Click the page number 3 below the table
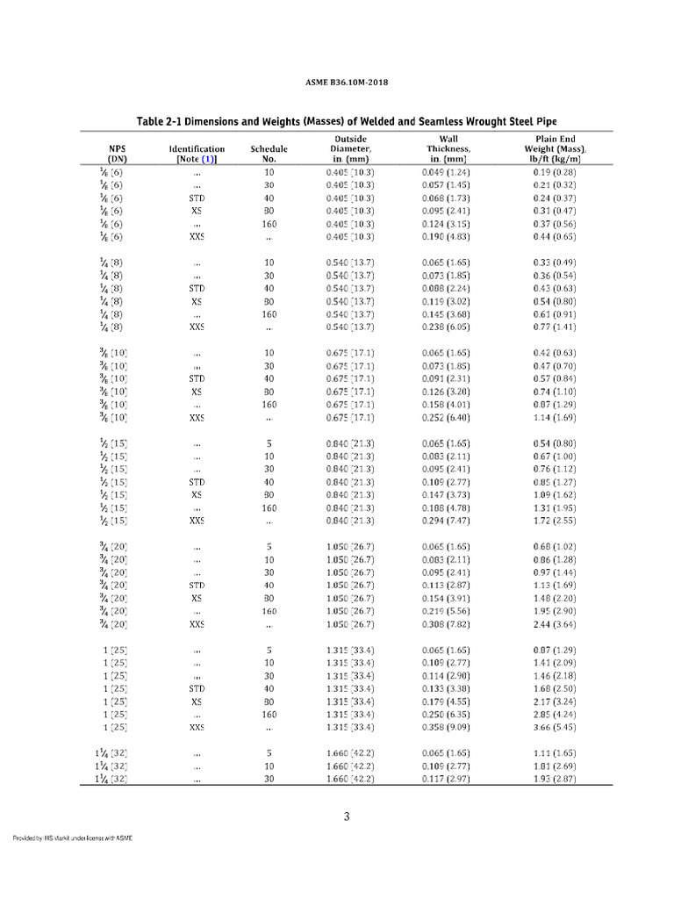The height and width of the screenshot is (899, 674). tap(347, 817)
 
